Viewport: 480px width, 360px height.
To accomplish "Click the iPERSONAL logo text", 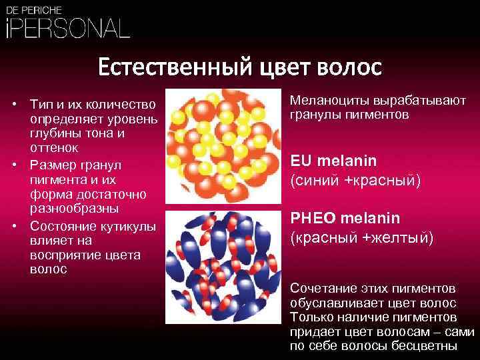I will tap(67, 28).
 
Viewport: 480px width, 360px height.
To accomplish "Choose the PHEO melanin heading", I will tap(344, 219).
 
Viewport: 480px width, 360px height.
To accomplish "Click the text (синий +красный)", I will tap(355, 179).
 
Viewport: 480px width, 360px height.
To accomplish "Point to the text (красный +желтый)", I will tap(361, 237).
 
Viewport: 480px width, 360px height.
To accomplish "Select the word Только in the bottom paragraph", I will tap(310, 317).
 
